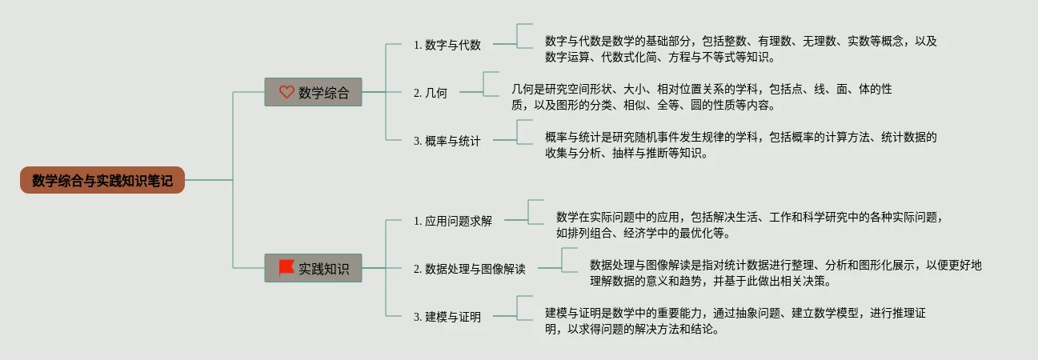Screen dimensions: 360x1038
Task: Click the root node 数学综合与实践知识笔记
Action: point(102,180)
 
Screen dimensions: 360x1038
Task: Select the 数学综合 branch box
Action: point(313,92)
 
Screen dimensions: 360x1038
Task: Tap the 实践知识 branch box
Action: point(313,268)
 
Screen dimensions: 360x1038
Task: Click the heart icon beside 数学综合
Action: point(287,92)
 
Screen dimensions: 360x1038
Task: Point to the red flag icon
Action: point(286,267)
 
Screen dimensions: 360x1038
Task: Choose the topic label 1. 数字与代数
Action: point(447,45)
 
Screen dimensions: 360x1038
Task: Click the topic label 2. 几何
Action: point(431,93)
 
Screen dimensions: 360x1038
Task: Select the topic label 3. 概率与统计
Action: point(447,141)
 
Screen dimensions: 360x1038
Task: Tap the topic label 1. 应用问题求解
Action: point(452,221)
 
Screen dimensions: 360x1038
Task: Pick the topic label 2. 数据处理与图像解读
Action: point(469,269)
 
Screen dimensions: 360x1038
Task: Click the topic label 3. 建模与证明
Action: point(447,317)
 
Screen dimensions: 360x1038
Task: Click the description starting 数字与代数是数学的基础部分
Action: point(740,49)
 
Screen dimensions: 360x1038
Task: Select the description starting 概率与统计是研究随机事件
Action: point(740,145)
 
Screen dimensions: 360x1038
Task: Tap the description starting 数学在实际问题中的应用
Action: point(751,225)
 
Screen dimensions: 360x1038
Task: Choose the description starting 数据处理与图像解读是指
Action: point(785,273)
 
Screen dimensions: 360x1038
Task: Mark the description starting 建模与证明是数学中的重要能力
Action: point(735,321)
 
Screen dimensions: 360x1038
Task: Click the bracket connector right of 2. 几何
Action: point(490,84)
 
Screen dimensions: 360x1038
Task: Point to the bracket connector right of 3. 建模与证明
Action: point(524,308)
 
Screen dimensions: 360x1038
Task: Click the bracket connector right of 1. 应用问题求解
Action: point(535,212)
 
